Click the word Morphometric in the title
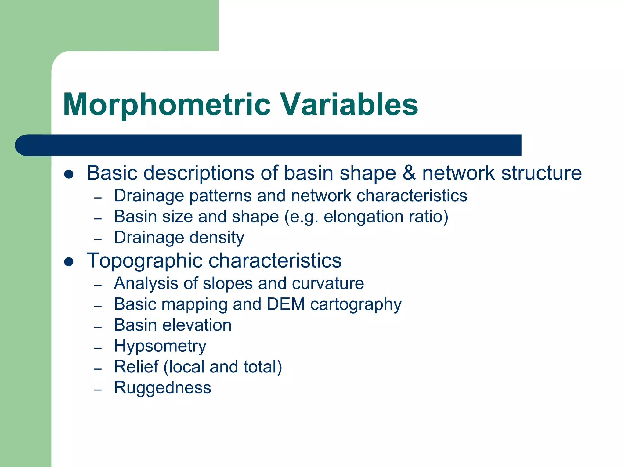[167, 105]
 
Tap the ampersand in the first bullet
[409, 173]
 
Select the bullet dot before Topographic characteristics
[69, 262]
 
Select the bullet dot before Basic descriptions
[69, 174]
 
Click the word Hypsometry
[160, 346]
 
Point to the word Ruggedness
[162, 388]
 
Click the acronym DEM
[286, 304]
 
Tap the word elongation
[363, 217]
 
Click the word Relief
[136, 367]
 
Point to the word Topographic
[145, 261]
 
